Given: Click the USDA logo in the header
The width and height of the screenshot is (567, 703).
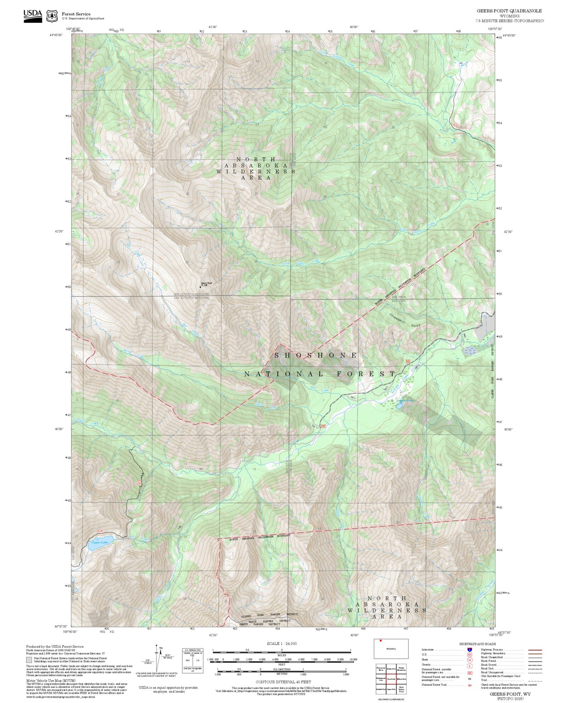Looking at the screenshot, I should [x=33, y=16].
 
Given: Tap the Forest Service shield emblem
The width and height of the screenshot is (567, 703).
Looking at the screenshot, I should [x=52, y=16].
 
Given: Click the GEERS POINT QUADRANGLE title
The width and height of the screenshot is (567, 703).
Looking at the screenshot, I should [x=509, y=11].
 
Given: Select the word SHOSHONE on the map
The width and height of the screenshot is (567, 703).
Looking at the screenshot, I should [x=316, y=355].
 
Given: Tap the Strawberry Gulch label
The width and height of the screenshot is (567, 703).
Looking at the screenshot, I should [x=405, y=320].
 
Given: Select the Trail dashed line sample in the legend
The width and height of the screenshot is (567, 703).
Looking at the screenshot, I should [x=535, y=681].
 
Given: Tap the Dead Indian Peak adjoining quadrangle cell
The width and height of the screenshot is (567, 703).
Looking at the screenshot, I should [x=401, y=689].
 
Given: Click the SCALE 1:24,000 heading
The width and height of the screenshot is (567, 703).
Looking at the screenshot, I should [x=282, y=643].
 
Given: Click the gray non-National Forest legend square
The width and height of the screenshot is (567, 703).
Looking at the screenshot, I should [x=29, y=660].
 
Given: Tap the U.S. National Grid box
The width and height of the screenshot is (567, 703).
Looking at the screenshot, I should [x=192, y=661].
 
